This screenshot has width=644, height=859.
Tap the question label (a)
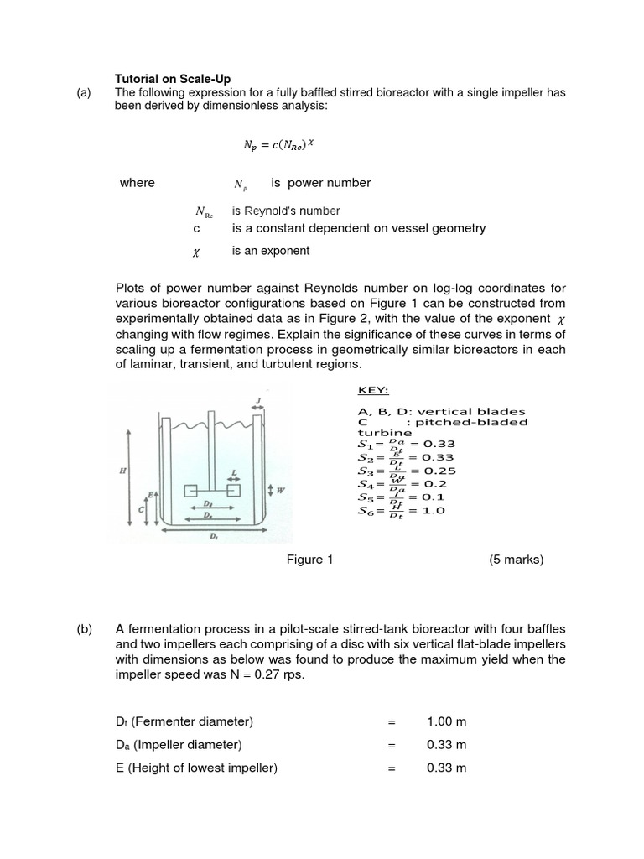pyautogui.click(x=83, y=92)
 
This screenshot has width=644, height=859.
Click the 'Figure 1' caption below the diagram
pyautogui.click(x=310, y=560)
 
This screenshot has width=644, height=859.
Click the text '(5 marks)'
pyautogui.click(x=516, y=560)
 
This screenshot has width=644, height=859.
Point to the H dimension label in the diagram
pyautogui.click(x=124, y=471)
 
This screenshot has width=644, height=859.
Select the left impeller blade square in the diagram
pyautogui.click(x=190, y=490)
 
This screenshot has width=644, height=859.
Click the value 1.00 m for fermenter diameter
pyautogui.click(x=446, y=721)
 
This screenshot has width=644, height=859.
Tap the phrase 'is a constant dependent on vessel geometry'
pyautogui.click(x=359, y=228)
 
